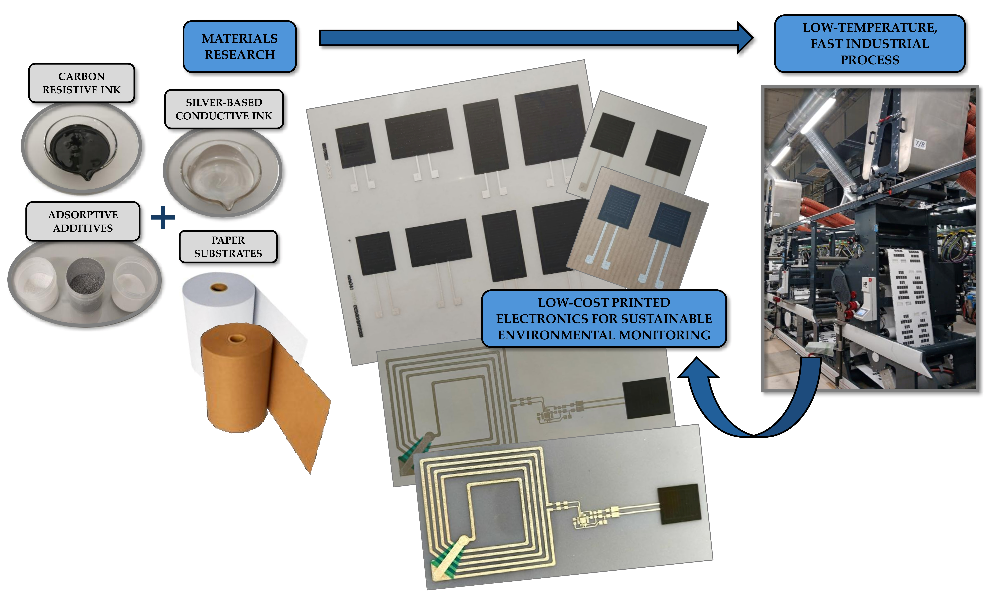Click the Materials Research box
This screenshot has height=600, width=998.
239,46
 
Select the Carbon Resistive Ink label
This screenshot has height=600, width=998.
81,83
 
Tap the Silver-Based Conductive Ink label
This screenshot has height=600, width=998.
224,109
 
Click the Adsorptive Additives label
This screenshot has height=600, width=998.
83,221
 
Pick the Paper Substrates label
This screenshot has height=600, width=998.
228,247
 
